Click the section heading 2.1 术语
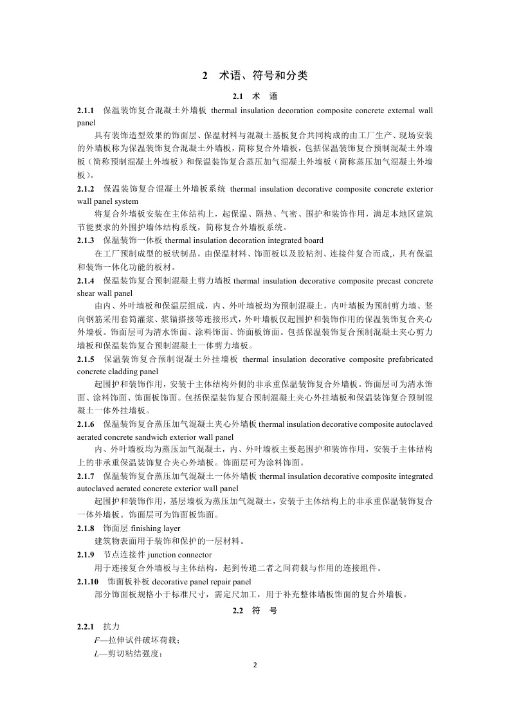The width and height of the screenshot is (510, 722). click(255, 96)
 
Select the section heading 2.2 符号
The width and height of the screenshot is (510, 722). click(255, 611)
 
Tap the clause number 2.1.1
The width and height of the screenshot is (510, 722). click(86, 111)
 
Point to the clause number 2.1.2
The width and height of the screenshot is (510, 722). click(86, 189)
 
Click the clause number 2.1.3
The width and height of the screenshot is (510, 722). click(86, 240)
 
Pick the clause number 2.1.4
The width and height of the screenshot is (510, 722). click(86, 281)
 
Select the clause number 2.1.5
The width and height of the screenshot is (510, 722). click(86, 358)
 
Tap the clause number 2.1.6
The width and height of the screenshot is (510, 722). click(86, 424)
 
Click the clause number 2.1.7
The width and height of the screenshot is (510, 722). click(86, 476)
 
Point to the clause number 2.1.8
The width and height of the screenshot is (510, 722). click(86, 528)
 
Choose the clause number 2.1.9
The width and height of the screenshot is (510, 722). click(86, 554)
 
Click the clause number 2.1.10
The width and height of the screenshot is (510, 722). click(87, 581)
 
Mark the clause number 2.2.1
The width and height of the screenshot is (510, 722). click(86, 626)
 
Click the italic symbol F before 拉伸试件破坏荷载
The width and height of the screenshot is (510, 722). click(96, 640)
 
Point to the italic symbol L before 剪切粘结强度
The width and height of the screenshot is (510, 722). click(96, 654)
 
